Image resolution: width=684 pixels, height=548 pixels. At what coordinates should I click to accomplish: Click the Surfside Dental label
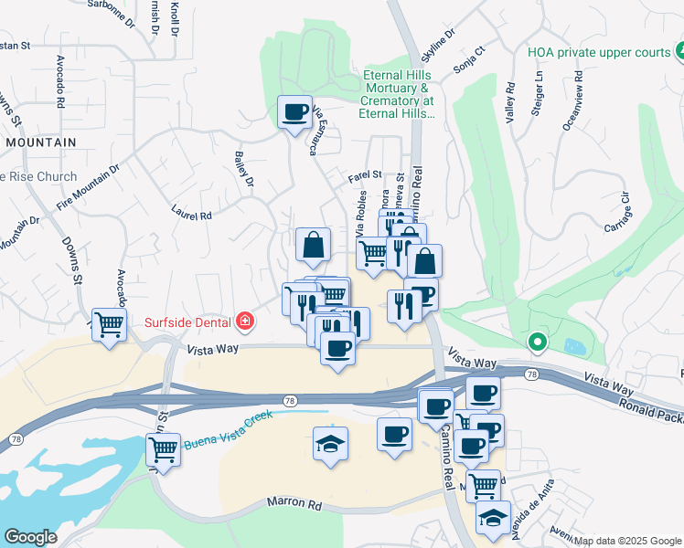(x=188, y=321)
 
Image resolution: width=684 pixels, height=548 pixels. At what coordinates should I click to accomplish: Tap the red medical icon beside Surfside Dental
(x=244, y=321)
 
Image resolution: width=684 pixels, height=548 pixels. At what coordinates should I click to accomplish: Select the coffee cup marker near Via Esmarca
(x=294, y=113)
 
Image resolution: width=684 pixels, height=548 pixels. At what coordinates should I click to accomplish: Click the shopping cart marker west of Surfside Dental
(x=110, y=325)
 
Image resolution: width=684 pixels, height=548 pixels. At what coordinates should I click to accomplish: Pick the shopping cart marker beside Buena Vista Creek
(x=163, y=450)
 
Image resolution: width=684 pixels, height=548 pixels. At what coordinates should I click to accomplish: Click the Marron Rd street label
(x=295, y=502)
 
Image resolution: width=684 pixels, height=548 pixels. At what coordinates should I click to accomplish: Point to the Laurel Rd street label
(x=191, y=212)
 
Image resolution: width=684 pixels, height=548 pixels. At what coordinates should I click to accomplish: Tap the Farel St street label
(x=364, y=175)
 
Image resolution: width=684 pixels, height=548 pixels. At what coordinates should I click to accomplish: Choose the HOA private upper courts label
(x=599, y=52)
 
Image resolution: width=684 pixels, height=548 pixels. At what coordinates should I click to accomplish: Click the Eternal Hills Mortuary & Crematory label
(x=399, y=95)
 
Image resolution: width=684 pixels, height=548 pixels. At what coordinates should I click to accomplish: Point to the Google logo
(x=30, y=537)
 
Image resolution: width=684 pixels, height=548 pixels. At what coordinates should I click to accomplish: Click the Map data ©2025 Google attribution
(x=627, y=541)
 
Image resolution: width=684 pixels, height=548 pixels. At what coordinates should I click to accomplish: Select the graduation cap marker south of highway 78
(x=330, y=446)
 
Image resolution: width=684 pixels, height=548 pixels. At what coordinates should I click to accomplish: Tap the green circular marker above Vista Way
(x=538, y=343)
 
